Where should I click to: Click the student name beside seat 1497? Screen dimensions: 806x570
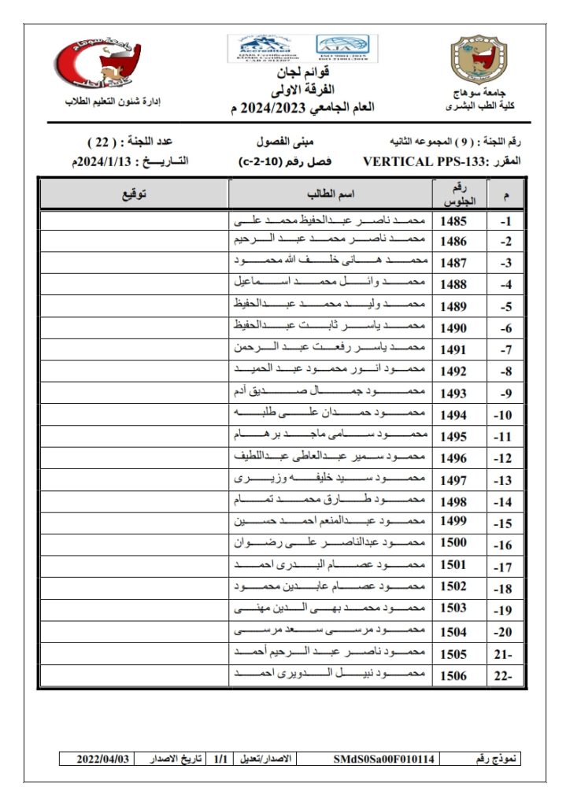tap(330, 479)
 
